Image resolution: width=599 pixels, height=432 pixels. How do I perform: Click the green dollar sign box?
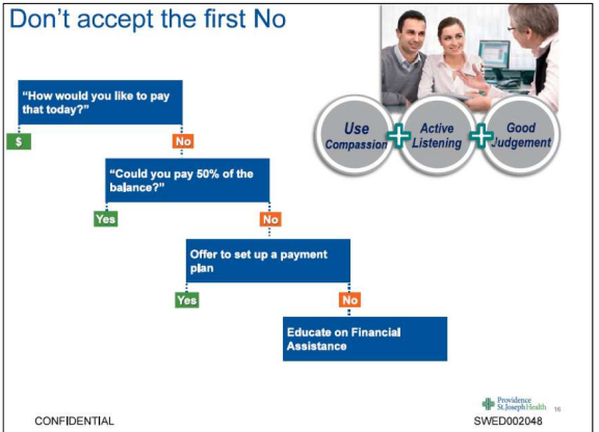pos(19,142)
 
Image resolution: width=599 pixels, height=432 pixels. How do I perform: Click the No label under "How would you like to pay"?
pos(183,141)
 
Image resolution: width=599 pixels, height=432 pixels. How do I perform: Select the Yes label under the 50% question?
pos(106,219)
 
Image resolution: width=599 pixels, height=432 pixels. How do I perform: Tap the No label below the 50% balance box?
pos(271,219)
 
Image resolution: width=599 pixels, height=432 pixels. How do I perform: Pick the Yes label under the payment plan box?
pos(187,300)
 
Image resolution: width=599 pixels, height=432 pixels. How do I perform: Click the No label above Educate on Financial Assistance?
pos(350,300)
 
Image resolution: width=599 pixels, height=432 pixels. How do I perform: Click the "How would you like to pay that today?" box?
pos(100,102)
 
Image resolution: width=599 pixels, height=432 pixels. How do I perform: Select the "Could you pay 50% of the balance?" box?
pos(187,180)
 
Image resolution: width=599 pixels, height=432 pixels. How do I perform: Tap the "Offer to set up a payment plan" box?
pos(268,261)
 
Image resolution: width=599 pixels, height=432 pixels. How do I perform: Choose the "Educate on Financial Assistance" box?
pos(365,339)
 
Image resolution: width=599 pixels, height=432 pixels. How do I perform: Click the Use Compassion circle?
pos(355,135)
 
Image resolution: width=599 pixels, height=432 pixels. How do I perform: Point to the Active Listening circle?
pos(437,135)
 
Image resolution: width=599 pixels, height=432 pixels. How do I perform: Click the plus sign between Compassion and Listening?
pos(398,135)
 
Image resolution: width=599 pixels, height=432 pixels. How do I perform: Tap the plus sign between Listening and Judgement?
pos(481,135)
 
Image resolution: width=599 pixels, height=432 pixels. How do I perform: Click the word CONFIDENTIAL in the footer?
pos(74,421)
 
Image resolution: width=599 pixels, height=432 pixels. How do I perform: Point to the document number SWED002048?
pos(508,421)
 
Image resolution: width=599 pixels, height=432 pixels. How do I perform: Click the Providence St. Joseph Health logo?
pos(514,404)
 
